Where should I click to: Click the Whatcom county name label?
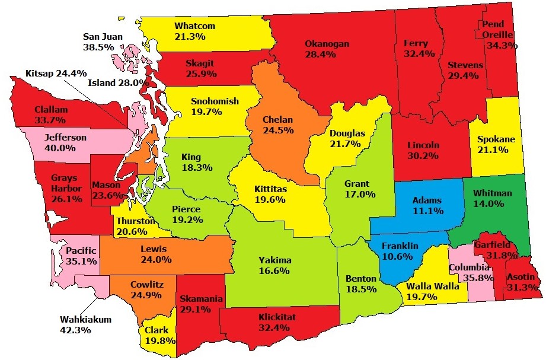tap(194, 26)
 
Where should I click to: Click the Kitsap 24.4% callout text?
tap(52, 74)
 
